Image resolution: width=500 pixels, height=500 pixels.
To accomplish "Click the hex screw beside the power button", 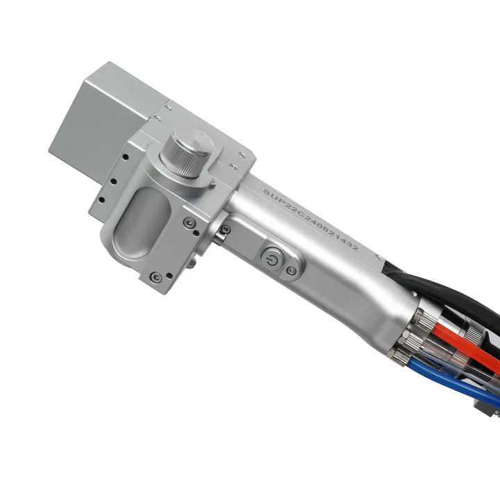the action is (x=290, y=270).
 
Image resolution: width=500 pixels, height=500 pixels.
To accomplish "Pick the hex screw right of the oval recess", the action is (x=189, y=222).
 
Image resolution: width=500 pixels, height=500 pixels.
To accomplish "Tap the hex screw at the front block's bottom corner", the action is (x=156, y=277).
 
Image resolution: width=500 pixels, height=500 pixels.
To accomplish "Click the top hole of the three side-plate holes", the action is (x=126, y=157).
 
